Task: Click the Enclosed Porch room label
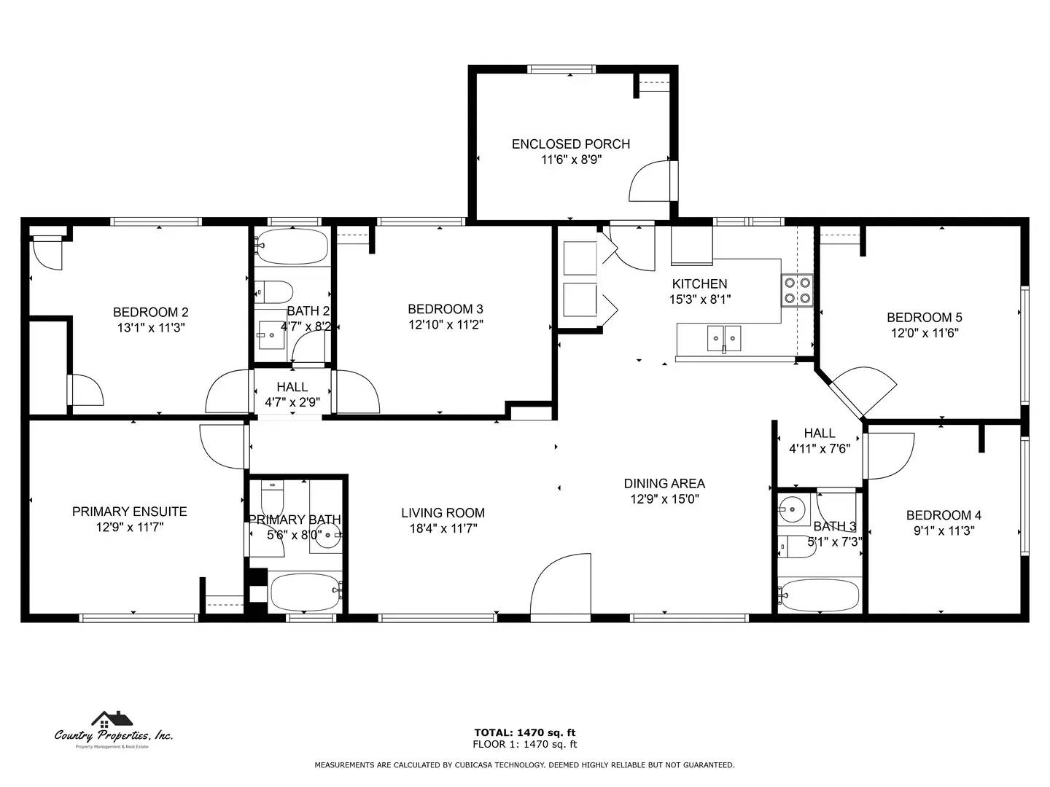pos(570,144)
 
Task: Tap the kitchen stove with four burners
pos(798,289)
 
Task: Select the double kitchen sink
pos(724,339)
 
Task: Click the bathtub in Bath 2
pos(292,248)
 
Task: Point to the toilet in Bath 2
pos(275,291)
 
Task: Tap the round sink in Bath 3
pos(791,509)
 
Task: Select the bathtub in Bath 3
pos(819,595)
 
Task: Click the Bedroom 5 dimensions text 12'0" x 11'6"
pos(924,333)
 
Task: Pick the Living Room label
pos(443,513)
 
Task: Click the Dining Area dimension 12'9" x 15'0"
pos(664,499)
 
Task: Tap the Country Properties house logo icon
pos(112,720)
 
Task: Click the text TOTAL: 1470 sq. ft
pos(524,732)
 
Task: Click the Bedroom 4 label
pos(944,515)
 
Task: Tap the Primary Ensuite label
pos(129,512)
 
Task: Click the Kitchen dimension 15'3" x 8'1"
pos(699,299)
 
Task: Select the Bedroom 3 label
pos(445,309)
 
